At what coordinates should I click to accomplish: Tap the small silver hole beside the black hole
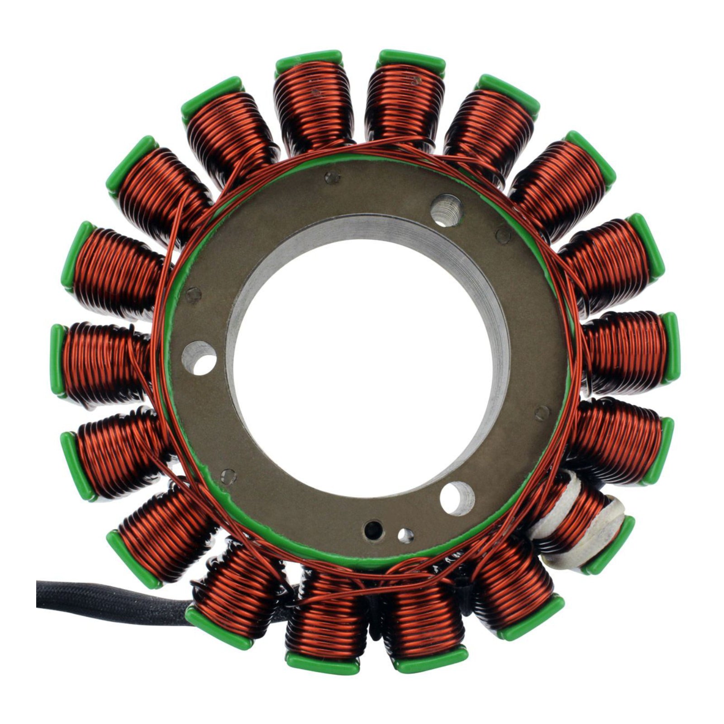(x=405, y=535)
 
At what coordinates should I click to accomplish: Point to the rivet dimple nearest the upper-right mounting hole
(x=503, y=234)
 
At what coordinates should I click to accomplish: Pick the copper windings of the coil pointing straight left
(x=104, y=362)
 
